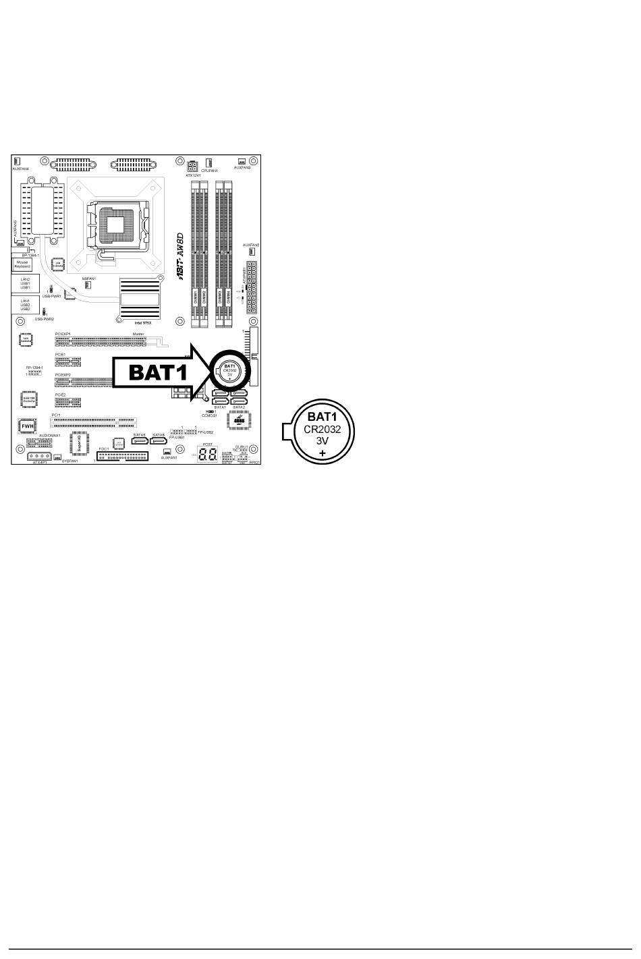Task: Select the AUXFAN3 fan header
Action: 242,162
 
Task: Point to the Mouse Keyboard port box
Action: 22,264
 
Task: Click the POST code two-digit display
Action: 207,454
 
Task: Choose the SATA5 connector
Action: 140,441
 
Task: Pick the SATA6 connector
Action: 159,441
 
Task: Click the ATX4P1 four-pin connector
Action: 40,457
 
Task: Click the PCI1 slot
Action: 94,422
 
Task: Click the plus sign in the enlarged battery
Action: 323,453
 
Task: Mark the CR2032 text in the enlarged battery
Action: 323,429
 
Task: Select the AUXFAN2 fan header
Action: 251,252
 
